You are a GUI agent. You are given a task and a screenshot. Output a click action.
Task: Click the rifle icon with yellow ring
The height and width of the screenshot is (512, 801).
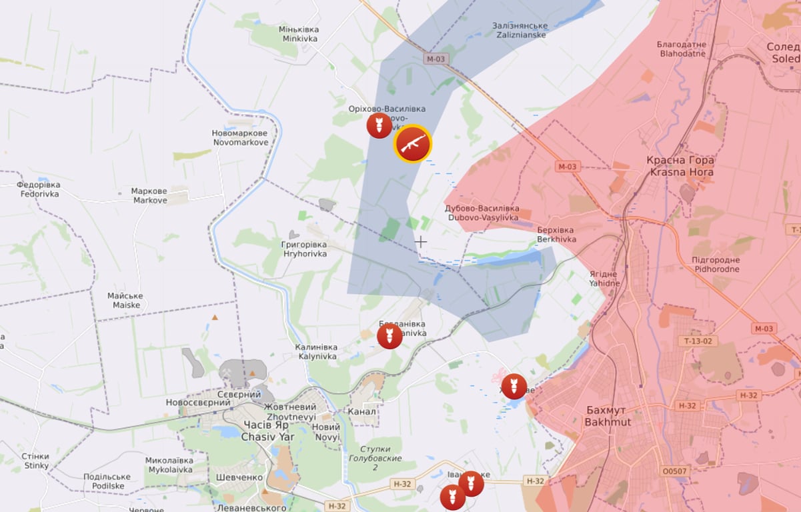(x=413, y=143)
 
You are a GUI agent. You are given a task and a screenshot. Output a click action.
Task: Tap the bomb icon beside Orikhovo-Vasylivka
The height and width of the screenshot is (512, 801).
(x=379, y=125)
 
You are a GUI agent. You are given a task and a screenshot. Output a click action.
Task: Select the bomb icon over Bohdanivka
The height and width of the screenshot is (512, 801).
(x=389, y=336)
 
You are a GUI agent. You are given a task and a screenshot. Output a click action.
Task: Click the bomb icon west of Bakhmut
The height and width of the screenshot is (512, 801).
(x=514, y=386)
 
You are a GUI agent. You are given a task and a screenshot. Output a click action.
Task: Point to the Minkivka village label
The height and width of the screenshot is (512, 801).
(x=299, y=34)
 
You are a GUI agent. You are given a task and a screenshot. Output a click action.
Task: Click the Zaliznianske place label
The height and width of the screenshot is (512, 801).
(x=520, y=30)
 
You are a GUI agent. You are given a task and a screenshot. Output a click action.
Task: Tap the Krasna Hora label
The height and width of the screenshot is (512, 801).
(x=680, y=166)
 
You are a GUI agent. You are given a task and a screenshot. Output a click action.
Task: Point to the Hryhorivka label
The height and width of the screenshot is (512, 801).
(x=303, y=249)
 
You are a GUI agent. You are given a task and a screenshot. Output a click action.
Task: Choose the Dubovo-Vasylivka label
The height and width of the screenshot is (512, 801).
(x=482, y=213)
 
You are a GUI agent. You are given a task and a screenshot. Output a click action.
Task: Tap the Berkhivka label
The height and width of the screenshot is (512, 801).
(x=556, y=235)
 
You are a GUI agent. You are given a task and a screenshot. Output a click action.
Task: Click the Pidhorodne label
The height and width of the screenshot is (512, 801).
(x=716, y=264)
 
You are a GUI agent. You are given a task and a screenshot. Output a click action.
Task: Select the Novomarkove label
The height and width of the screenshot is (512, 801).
(x=240, y=137)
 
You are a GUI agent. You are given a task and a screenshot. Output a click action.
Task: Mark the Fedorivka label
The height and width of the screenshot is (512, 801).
(x=38, y=189)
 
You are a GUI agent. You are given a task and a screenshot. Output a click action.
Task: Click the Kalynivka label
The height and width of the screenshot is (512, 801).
(x=317, y=351)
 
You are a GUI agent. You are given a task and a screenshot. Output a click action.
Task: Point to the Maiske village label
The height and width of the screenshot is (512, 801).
(x=126, y=301)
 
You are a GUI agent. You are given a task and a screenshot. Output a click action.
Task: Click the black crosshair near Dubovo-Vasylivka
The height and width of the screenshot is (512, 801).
(x=421, y=241)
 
